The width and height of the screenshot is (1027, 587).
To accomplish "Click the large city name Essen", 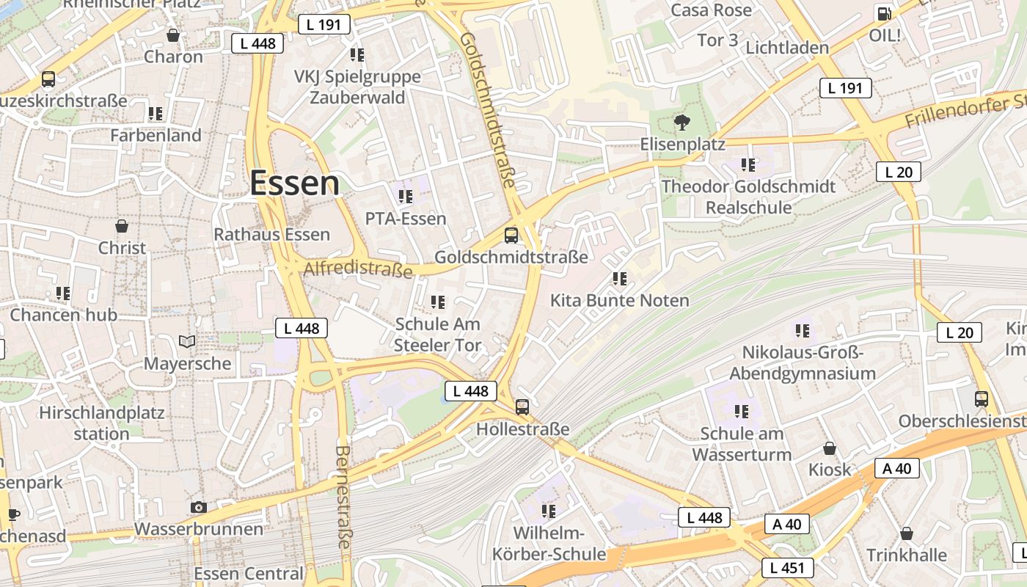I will (295, 183).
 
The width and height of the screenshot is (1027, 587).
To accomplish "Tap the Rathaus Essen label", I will (271, 235).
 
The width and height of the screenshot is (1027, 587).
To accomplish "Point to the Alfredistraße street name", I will (358, 270).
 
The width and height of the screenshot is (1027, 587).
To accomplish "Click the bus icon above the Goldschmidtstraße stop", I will (511, 236).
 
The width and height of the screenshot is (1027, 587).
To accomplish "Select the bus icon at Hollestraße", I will (522, 406).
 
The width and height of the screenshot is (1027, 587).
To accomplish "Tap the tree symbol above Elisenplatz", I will (682, 123).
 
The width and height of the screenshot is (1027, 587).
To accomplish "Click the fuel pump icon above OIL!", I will (884, 13).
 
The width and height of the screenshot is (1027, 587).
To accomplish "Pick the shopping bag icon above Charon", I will (173, 34).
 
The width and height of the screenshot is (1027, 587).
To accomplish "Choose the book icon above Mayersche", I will (187, 341).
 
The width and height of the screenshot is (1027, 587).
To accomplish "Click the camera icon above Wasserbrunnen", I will (198, 507).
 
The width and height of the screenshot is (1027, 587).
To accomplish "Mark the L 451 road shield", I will (787, 567).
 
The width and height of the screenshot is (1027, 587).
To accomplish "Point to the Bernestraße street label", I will (343, 497).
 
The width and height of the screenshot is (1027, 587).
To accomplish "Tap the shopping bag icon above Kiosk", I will (830, 448).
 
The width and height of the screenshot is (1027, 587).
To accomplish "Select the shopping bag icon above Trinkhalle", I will (907, 533).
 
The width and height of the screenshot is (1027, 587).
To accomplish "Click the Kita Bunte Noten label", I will (620, 301).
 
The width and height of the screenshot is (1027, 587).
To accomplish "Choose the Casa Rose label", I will (712, 10).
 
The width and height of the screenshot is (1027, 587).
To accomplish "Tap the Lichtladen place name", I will (787, 48).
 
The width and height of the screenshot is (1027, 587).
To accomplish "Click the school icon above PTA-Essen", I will (406, 197).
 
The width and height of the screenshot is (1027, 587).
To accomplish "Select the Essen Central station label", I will (248, 574).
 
